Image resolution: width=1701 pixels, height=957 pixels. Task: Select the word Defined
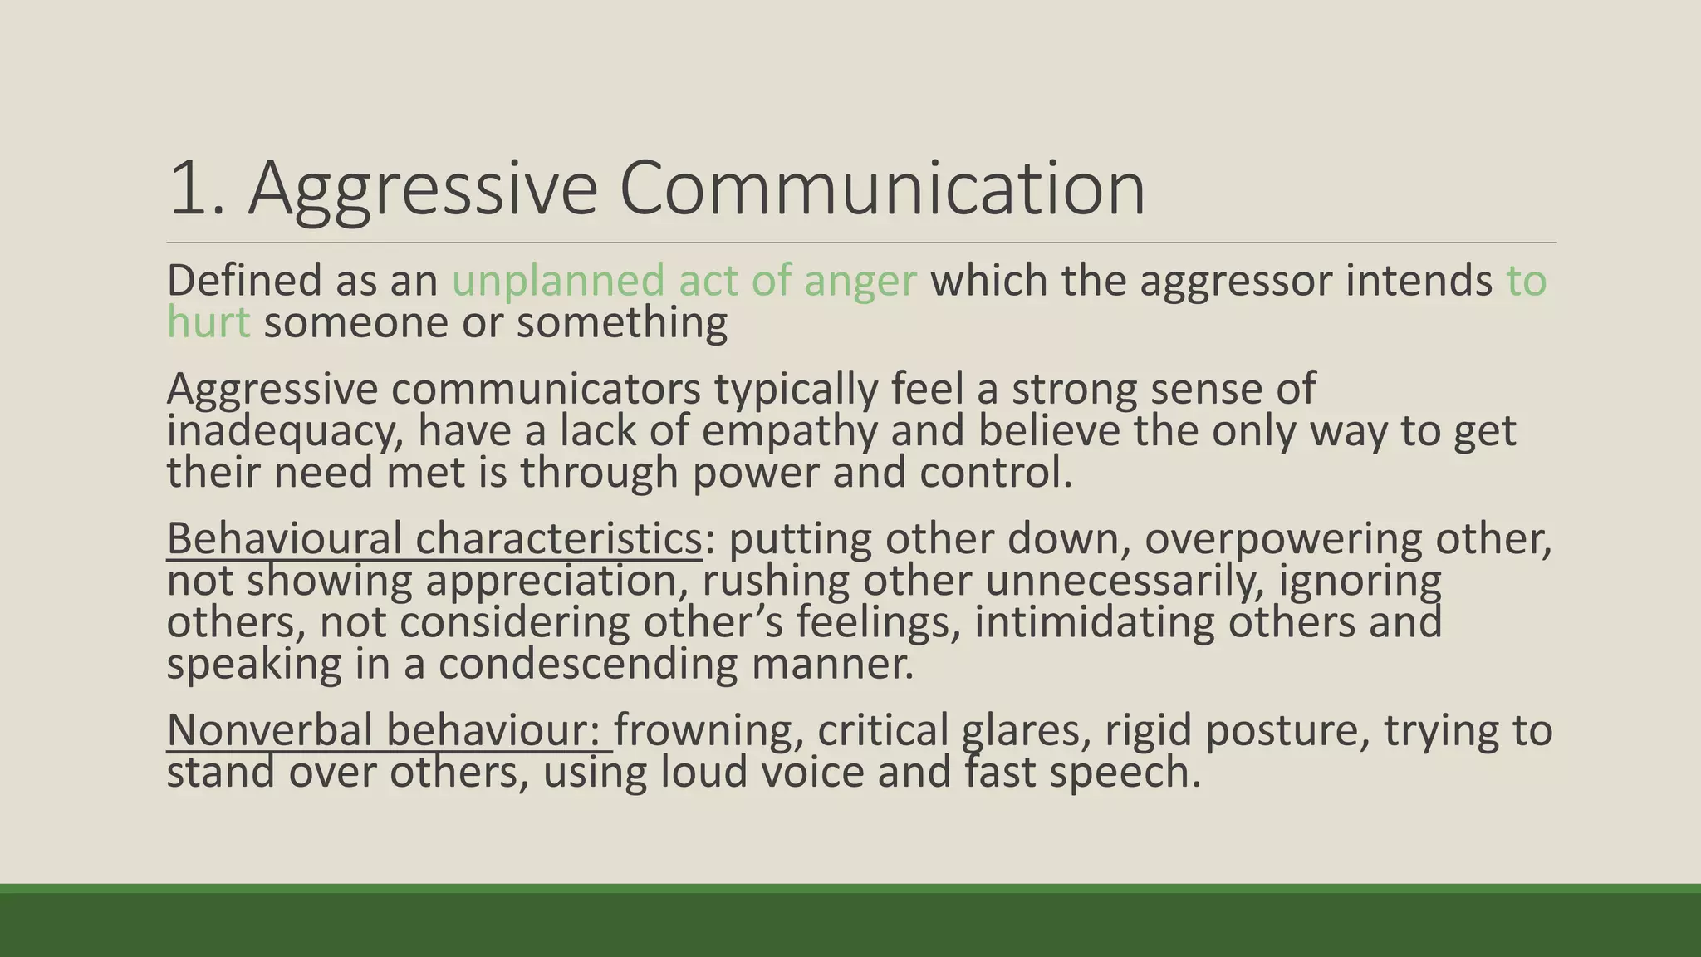tap(244, 280)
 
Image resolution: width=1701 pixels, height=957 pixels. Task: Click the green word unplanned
tap(558, 280)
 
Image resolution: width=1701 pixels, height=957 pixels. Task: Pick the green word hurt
tap(208, 321)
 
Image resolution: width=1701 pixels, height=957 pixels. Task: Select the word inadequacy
tap(285, 432)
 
